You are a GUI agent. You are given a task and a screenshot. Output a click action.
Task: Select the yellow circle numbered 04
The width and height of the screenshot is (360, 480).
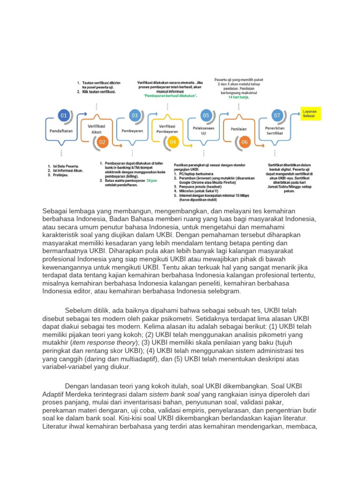tap(173, 142)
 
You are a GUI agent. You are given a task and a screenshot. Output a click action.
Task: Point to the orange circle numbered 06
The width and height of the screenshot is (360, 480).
tap(244, 142)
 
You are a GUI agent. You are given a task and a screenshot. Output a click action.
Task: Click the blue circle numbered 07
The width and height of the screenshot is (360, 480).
tap(278, 115)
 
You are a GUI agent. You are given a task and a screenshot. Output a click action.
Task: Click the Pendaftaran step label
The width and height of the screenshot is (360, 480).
tap(61, 131)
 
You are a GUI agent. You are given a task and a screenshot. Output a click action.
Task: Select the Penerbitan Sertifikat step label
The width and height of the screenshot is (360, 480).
tap(276, 130)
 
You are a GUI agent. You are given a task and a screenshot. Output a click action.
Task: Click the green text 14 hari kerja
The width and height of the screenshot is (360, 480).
tap(239, 97)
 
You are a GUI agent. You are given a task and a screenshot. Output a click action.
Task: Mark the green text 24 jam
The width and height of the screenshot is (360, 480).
tap(152, 180)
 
